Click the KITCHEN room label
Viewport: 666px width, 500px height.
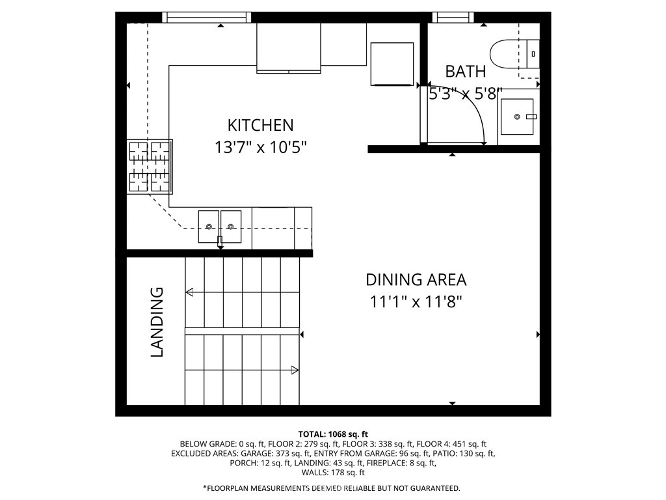pos(260,125)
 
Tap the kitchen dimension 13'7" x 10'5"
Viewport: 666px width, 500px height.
pos(260,147)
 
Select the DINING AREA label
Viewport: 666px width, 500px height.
pos(416,280)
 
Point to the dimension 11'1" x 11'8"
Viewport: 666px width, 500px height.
pos(416,302)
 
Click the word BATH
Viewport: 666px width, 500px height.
pos(465,72)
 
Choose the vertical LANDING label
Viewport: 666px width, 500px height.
pos(157,322)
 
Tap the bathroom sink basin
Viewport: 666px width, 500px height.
pos(517,117)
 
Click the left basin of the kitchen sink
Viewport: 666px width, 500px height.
pos(209,225)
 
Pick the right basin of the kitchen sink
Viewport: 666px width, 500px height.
pos(231,225)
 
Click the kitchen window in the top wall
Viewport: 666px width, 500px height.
pos(206,18)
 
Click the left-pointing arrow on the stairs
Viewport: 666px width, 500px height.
pos(189,292)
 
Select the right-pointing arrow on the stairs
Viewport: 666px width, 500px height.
pos(295,370)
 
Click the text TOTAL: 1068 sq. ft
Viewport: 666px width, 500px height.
pos(333,434)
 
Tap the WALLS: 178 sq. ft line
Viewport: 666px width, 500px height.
pos(333,473)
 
